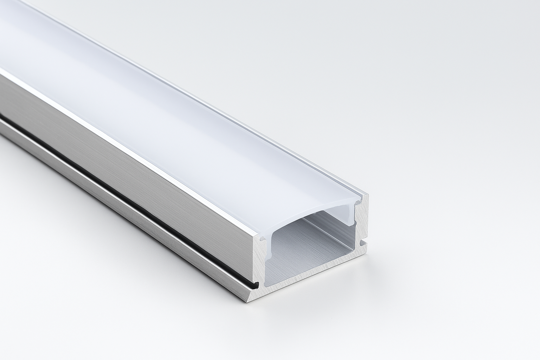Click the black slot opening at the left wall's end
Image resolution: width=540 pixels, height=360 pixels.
point(256,283)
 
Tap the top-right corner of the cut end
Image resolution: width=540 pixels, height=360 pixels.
point(367,195)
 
